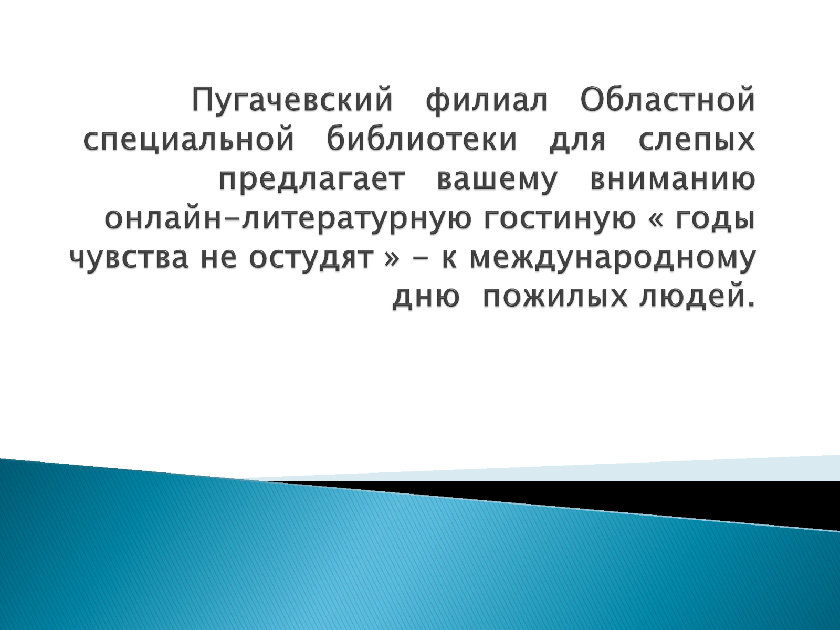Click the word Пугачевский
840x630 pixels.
tap(292, 100)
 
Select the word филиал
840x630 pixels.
tap(487, 100)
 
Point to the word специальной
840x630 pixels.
tap(188, 140)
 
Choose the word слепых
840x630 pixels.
tap(697, 140)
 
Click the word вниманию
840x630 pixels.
tap(673, 180)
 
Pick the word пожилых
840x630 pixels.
tap(555, 297)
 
